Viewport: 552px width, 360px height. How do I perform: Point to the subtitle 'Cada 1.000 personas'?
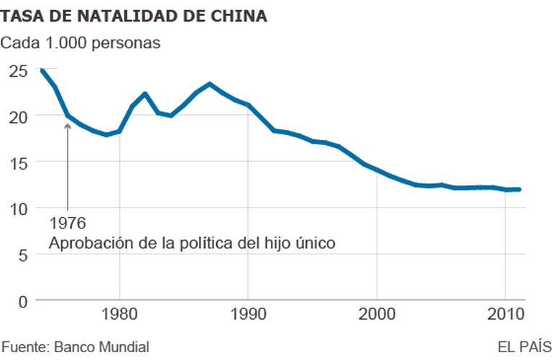tap(80, 42)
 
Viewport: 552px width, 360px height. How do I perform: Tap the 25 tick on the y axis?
tap(18, 70)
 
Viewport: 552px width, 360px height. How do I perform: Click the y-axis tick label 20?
tap(18, 116)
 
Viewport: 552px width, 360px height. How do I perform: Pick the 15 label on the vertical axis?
tap(18, 162)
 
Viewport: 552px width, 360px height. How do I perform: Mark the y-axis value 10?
tap(18, 208)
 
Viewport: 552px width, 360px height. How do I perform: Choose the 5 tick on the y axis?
tap(22, 254)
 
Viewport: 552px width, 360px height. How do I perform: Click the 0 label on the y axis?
tap(22, 300)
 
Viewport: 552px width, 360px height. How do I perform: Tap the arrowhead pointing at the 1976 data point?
tap(68, 126)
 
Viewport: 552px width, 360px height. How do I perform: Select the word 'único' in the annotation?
tap(315, 244)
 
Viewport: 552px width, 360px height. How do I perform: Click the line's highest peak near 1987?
tap(209, 84)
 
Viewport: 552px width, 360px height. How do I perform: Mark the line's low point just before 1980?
tap(106, 134)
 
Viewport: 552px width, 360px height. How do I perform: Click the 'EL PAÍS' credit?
tap(524, 347)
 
